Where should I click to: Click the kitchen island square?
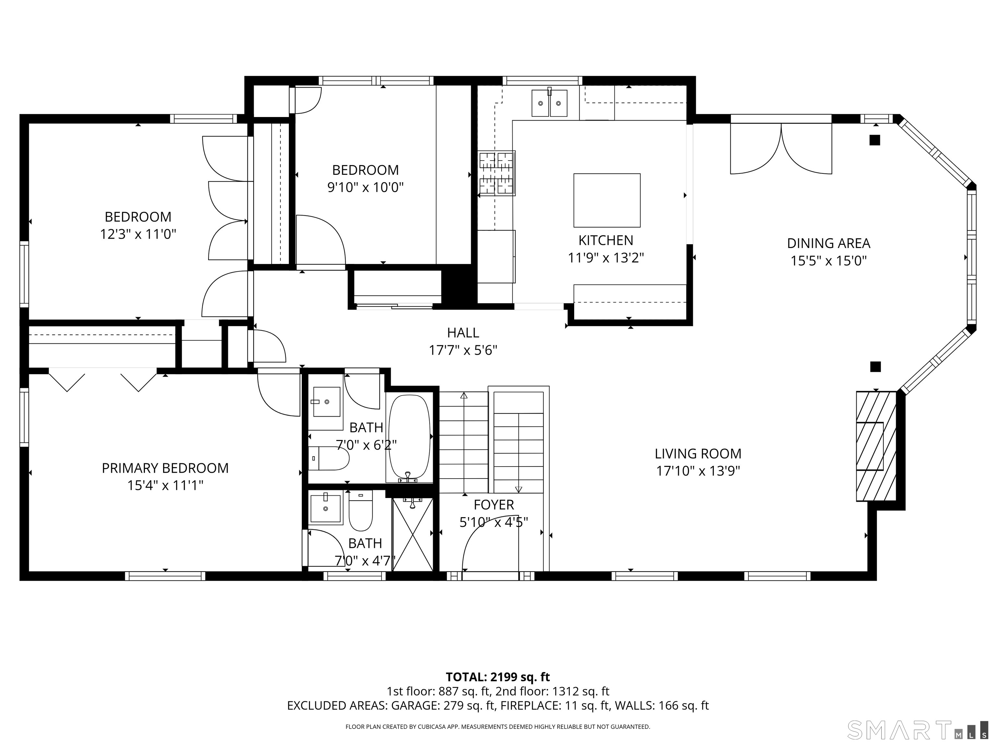click(607, 200)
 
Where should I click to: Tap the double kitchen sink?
click(549, 103)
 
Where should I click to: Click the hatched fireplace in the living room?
click(875, 446)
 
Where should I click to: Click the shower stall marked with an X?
click(412, 534)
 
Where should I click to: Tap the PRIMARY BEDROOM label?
click(165, 468)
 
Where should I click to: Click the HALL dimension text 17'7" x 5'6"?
click(463, 350)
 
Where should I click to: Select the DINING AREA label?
click(828, 243)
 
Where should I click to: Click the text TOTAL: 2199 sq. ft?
click(498, 677)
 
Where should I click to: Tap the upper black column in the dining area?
click(874, 140)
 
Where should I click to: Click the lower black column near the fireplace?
click(875, 366)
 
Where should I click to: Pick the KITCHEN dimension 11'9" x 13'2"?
click(606, 257)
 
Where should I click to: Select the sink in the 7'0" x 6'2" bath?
click(326, 402)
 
